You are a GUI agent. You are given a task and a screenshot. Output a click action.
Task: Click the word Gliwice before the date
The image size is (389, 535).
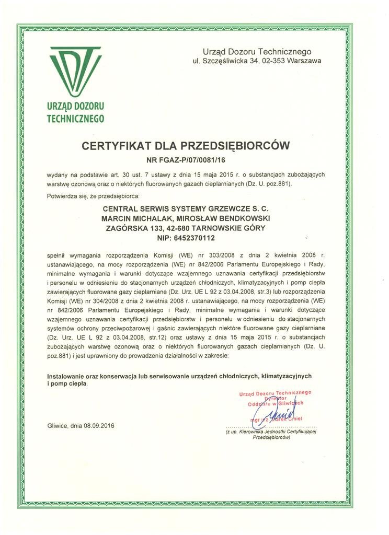[x=59, y=425]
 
